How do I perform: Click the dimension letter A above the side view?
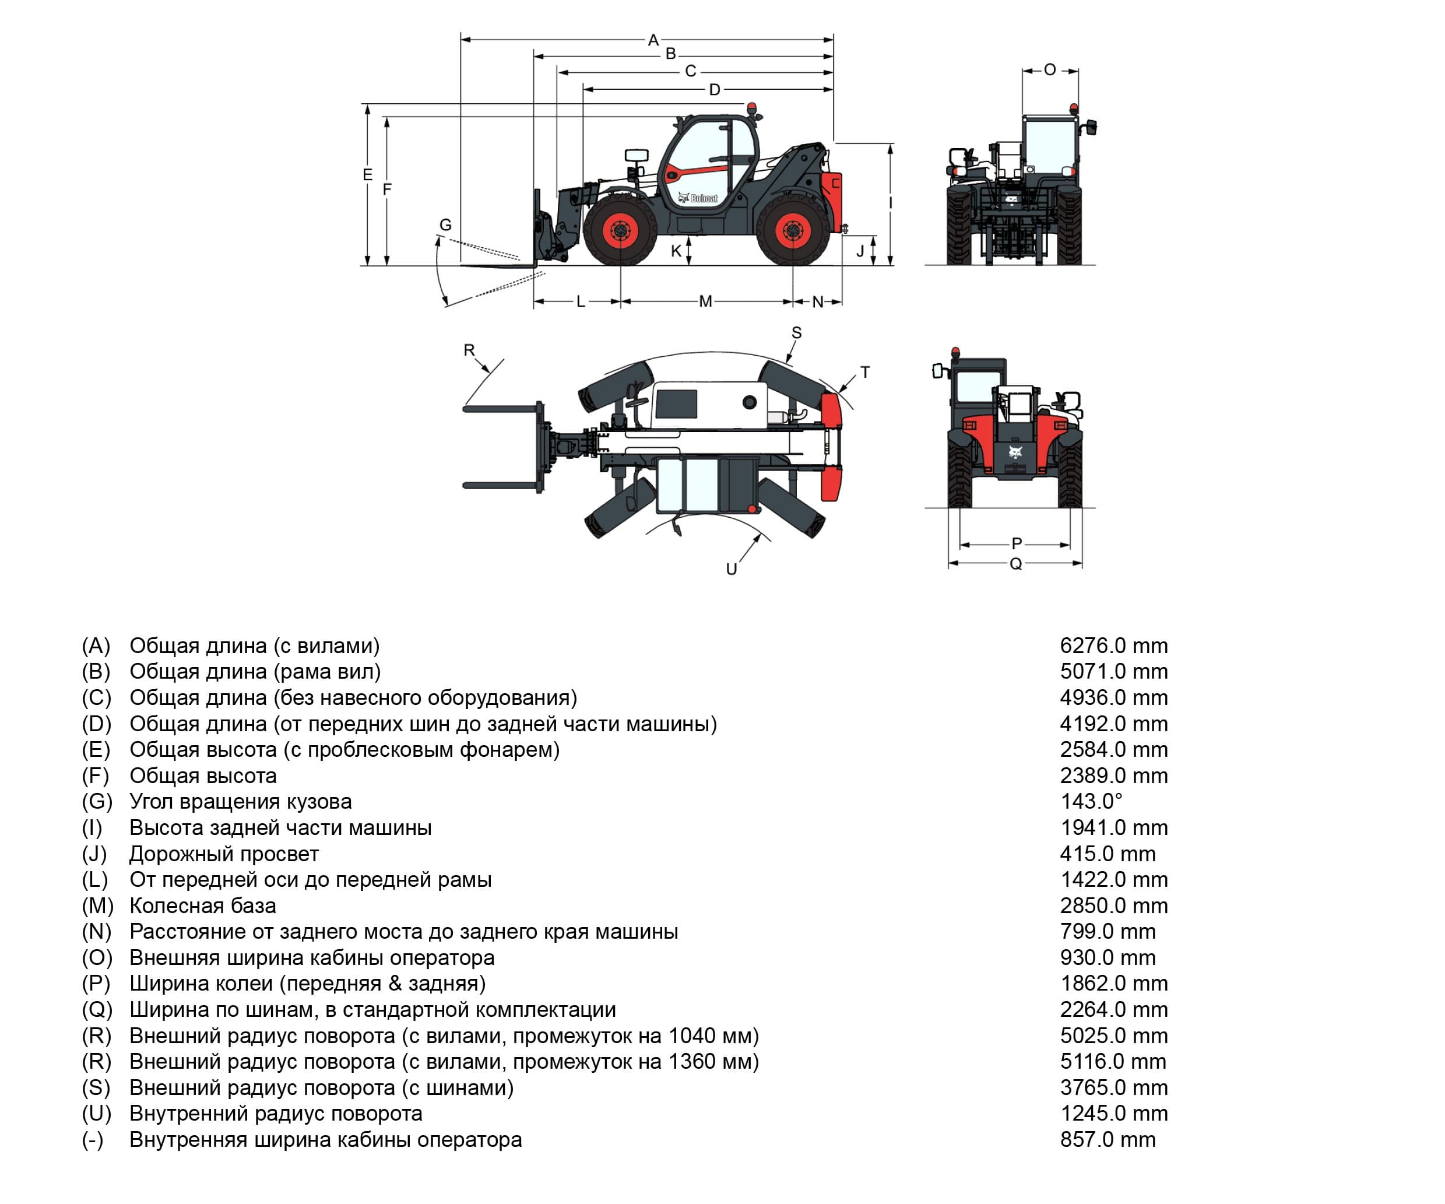[653, 40]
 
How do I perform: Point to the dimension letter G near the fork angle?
[445, 224]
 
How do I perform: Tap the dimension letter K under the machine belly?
[676, 251]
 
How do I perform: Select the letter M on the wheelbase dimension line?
[705, 301]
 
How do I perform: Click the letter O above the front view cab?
[1049, 69]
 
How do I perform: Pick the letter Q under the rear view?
[1015, 564]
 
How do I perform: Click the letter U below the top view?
[732, 569]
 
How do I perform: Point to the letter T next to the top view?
[865, 372]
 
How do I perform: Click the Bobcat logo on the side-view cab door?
[698, 198]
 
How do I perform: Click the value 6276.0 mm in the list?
[1113, 645]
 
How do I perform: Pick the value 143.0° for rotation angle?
[1091, 801]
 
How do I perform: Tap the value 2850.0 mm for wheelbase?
[1113, 905]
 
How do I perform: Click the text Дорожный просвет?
[224, 854]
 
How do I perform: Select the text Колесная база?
[202, 905]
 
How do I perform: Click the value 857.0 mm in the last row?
[1107, 1139]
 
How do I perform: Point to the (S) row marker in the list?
[96, 1087]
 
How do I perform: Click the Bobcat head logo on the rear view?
[1015, 452]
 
